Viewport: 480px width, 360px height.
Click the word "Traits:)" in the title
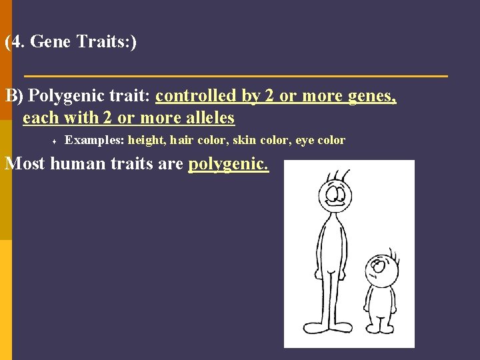pyautogui.click(x=107, y=42)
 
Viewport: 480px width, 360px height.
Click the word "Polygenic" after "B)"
pyautogui.click(x=65, y=96)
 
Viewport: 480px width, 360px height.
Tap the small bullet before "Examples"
pyautogui.click(x=52, y=141)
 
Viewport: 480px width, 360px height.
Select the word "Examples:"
pyautogui.click(x=94, y=140)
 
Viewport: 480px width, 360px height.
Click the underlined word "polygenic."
pyautogui.click(x=229, y=163)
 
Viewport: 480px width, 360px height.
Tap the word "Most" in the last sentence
pyautogui.click(x=25, y=163)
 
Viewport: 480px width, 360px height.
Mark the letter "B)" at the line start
pyautogui.click(x=15, y=96)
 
